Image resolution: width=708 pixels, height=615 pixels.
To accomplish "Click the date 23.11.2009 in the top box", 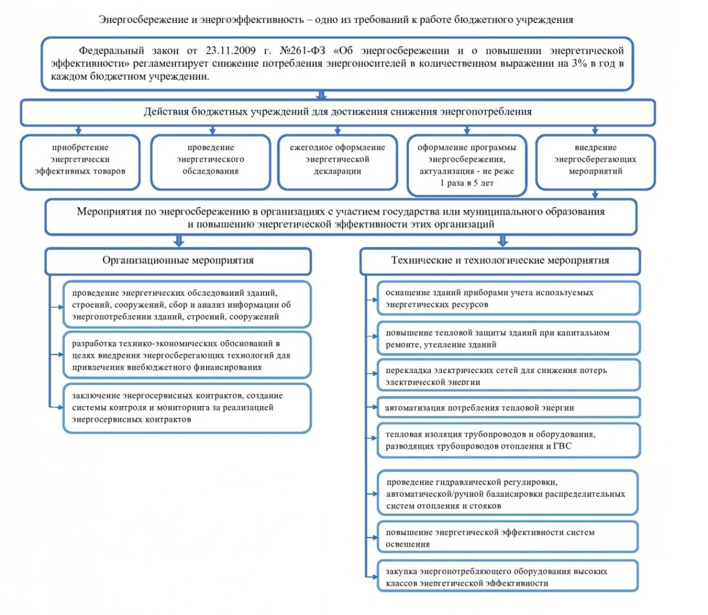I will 231,51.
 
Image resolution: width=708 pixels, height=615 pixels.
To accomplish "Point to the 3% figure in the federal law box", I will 578,64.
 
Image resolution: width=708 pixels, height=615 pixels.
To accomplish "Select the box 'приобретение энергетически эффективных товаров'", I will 80,160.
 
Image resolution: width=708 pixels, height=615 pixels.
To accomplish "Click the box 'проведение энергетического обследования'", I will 211,160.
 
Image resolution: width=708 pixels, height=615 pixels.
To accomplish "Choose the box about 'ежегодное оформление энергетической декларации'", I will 337,160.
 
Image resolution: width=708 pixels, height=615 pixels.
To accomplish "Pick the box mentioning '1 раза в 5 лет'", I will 467,165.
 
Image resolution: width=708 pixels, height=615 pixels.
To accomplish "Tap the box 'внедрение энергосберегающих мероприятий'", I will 595,160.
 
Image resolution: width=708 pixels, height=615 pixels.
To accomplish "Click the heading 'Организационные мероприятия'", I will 178,260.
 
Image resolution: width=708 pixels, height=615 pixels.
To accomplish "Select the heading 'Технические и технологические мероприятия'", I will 500,260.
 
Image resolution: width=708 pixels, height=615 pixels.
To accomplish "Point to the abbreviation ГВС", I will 562,446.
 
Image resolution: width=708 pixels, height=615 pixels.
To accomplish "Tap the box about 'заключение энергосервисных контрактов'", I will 187,408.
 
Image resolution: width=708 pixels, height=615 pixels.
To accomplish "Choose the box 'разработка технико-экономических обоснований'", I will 187,355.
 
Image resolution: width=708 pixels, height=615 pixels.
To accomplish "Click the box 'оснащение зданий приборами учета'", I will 508,299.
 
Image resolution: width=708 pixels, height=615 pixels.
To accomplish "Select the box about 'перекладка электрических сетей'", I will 508,376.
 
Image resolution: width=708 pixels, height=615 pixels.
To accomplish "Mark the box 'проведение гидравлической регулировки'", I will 507,494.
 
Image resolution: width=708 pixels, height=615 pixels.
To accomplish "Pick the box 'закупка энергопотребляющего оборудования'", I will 507,577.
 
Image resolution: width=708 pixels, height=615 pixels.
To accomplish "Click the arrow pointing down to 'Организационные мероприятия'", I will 179,241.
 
